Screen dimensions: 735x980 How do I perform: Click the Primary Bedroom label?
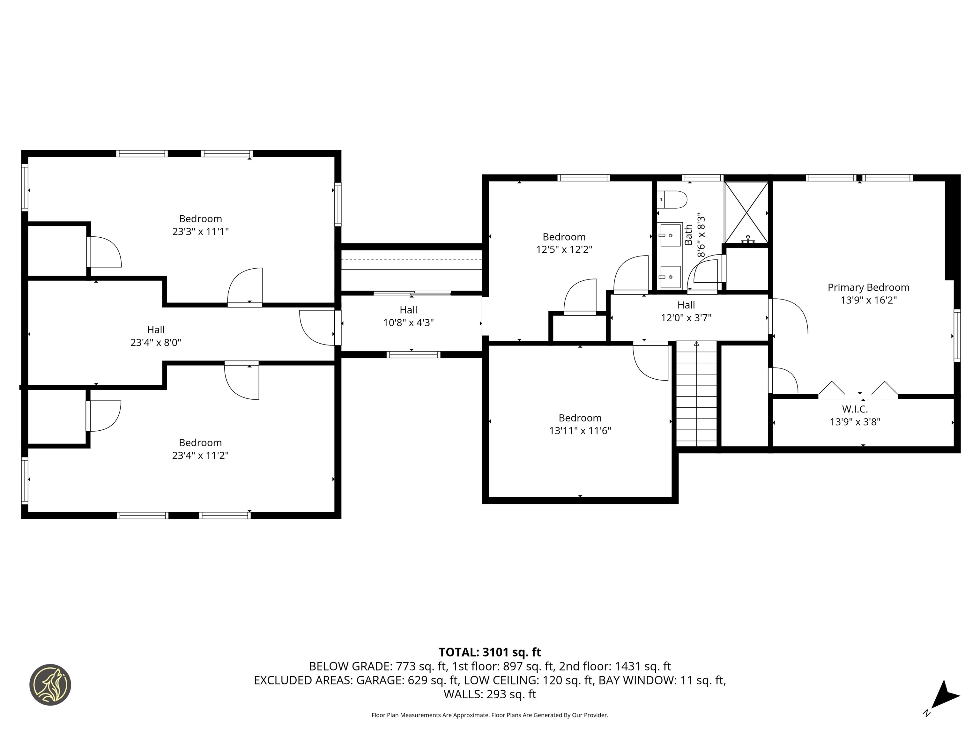point(868,287)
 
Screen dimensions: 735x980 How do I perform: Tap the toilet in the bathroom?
point(672,199)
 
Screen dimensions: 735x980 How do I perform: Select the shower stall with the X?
point(746,213)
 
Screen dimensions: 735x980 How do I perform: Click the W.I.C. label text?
point(855,409)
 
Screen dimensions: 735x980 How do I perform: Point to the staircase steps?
point(696,394)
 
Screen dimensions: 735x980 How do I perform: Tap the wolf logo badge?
point(50,685)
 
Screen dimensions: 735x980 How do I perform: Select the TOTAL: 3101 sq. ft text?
point(490,652)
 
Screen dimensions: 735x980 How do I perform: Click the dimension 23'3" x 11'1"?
point(200,231)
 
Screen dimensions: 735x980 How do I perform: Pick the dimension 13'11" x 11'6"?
point(580,431)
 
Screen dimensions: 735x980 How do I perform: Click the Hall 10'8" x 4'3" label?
point(408,316)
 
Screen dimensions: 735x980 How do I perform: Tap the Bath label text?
point(688,235)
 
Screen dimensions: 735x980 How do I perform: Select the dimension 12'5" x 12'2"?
point(564,249)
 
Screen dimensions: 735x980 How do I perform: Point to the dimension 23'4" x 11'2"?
point(200,456)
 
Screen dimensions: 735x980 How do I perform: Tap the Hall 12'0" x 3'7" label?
point(686,311)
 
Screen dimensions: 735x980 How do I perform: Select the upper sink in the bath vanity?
point(670,235)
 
